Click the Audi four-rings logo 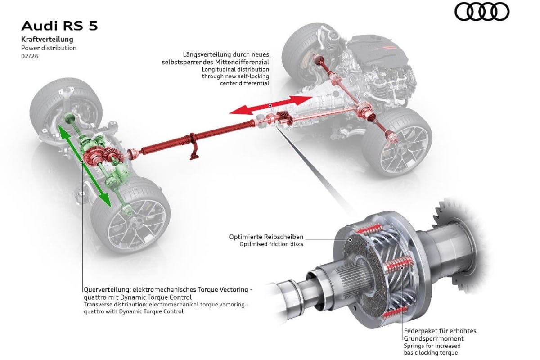481,12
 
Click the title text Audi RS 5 59,26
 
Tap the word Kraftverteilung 47,39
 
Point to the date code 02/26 30,56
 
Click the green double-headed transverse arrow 85,166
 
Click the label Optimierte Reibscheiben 266,237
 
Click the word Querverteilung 107,289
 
